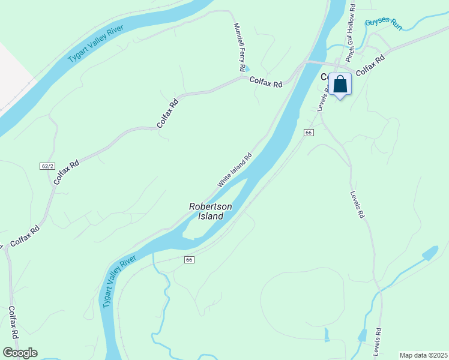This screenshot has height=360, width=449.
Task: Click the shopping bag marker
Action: (340, 85)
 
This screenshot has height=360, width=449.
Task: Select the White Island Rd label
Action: (235, 169)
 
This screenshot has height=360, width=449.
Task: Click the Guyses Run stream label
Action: (383, 23)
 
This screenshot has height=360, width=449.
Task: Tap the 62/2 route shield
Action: (47, 166)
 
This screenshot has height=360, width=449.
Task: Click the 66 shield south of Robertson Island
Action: (189, 259)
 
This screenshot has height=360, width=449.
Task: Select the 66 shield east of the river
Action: (309, 132)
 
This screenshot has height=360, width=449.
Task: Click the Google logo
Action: (20, 353)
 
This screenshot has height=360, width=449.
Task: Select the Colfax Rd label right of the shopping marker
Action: (370, 66)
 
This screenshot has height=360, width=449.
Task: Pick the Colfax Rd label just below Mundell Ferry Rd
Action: (266, 84)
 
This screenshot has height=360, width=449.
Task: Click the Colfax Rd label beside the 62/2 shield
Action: (66, 172)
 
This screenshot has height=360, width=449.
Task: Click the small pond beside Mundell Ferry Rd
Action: (247, 70)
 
